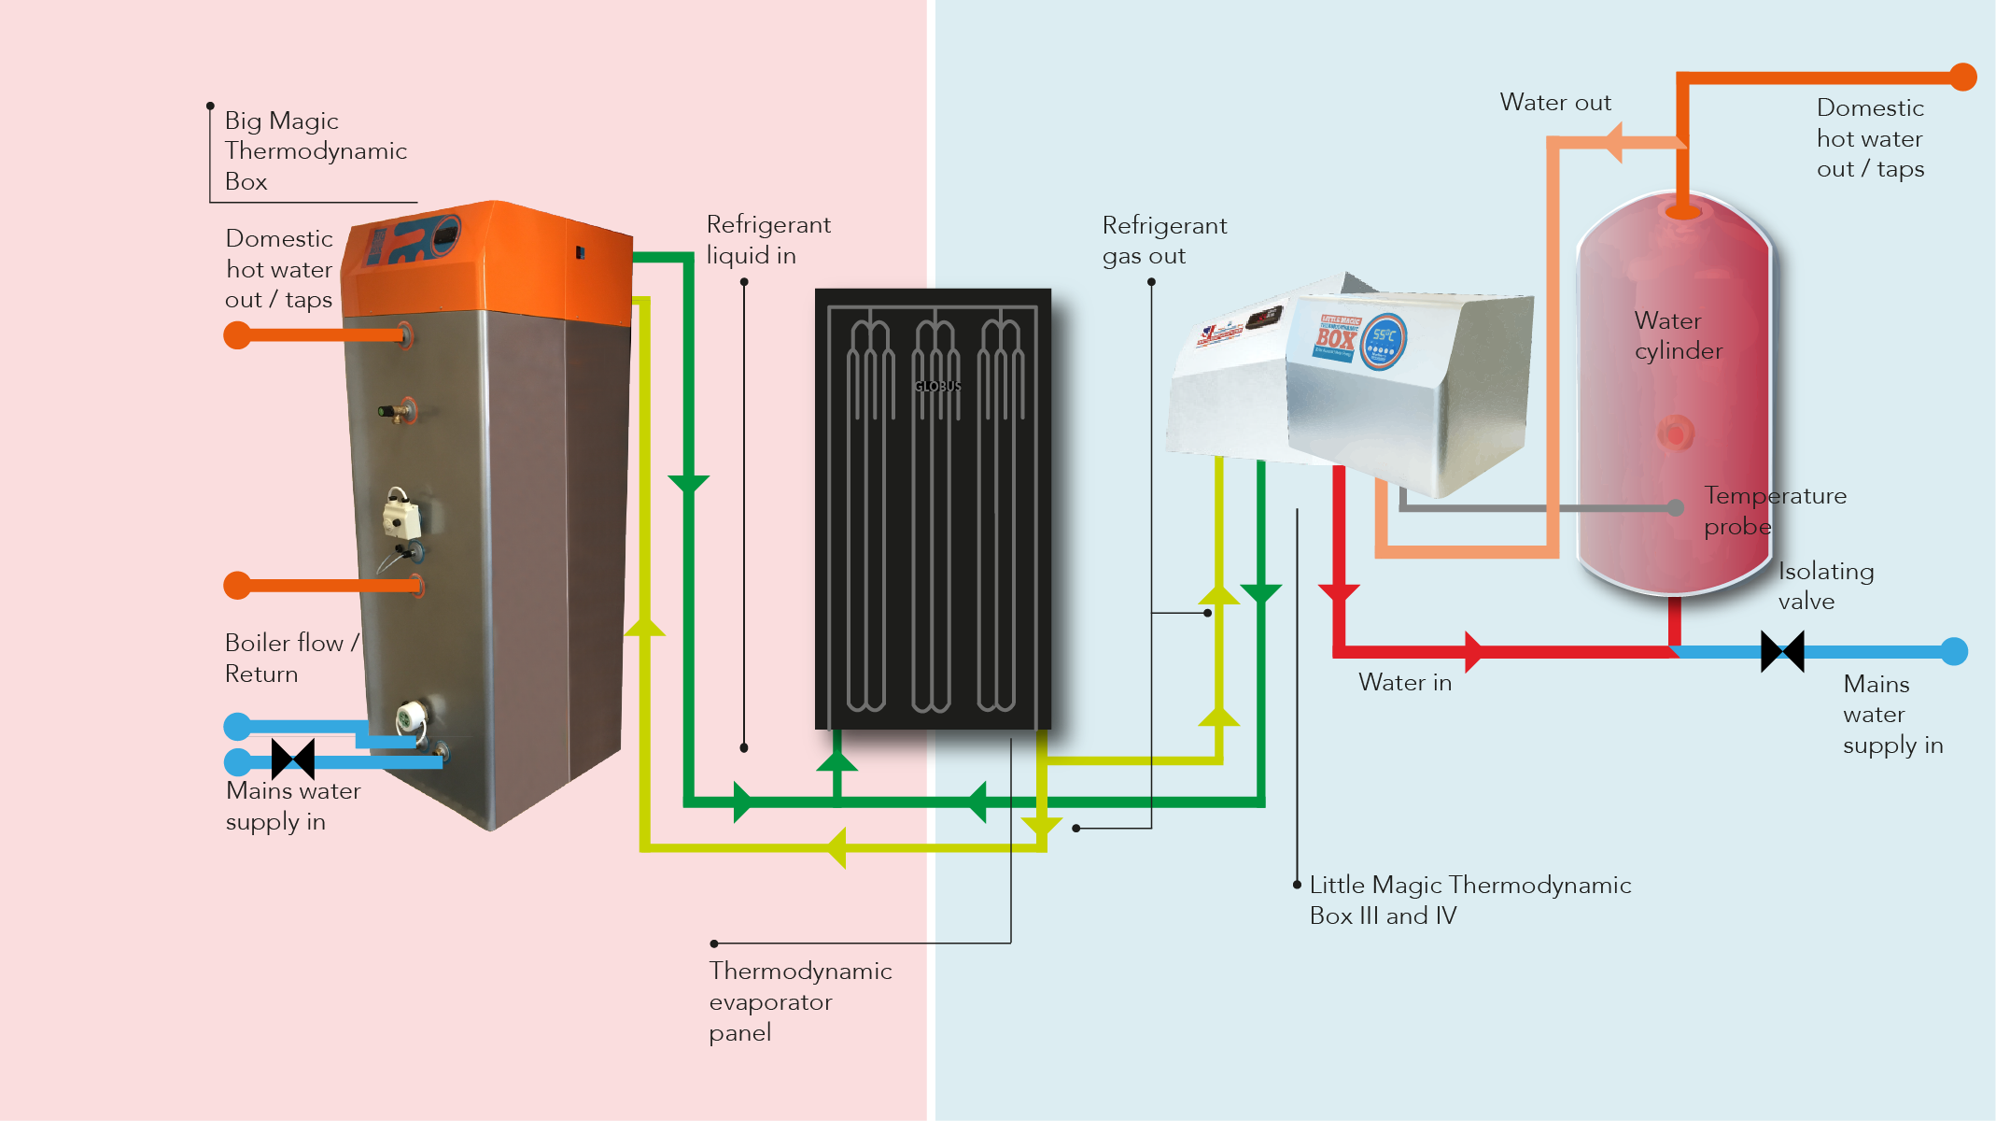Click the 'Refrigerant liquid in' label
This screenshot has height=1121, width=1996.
point(767,240)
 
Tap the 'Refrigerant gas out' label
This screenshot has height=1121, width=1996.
point(1163,241)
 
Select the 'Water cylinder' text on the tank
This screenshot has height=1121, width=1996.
point(1678,335)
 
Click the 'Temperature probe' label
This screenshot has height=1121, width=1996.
point(1774,511)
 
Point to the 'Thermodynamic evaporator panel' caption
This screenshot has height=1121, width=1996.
point(799,1001)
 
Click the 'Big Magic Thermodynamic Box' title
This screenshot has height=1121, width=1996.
point(315,150)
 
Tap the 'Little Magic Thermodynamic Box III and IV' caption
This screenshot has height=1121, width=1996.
point(1469,900)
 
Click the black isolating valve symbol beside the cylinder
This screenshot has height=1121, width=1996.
point(1781,651)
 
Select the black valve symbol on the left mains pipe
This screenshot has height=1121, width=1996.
point(293,759)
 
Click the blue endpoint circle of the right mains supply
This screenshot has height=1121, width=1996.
point(1954,651)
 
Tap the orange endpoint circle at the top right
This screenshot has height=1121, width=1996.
point(1963,77)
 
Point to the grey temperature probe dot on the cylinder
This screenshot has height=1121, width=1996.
point(1676,507)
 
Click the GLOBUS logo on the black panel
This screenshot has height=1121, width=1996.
point(937,386)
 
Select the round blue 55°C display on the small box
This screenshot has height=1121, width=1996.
point(1383,341)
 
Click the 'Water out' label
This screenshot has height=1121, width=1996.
point(1554,102)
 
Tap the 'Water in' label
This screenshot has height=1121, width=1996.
point(1404,683)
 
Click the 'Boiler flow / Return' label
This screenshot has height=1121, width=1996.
point(290,659)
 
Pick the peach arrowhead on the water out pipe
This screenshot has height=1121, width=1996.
point(1613,142)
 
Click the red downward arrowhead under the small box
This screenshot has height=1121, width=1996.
point(1339,592)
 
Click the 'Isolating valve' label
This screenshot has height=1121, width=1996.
point(1825,586)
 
